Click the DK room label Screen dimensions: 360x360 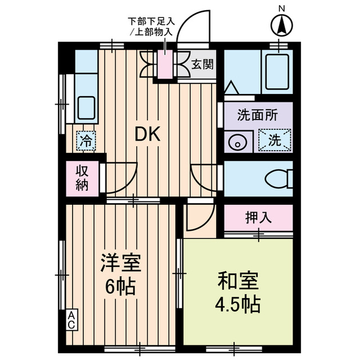click(148, 134)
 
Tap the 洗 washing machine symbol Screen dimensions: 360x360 click(275, 141)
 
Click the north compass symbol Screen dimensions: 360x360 click(281, 25)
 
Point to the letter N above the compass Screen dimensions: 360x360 click(281, 8)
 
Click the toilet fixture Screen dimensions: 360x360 click(278, 179)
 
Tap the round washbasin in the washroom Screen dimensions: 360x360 click(237, 142)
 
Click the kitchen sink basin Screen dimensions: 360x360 click(85, 107)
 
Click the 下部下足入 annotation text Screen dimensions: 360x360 click(152, 21)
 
